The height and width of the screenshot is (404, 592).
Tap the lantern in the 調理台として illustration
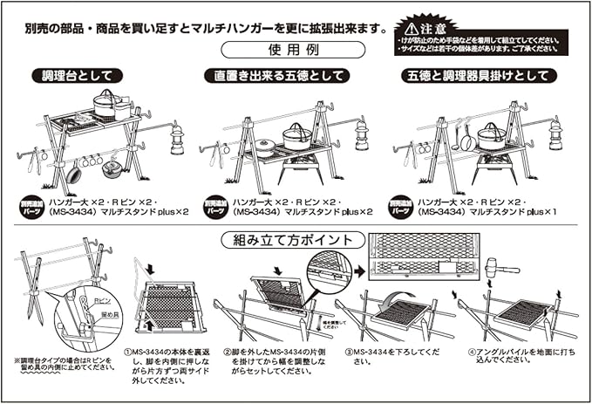(177, 138)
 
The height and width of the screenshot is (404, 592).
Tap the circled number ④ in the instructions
(471, 352)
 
